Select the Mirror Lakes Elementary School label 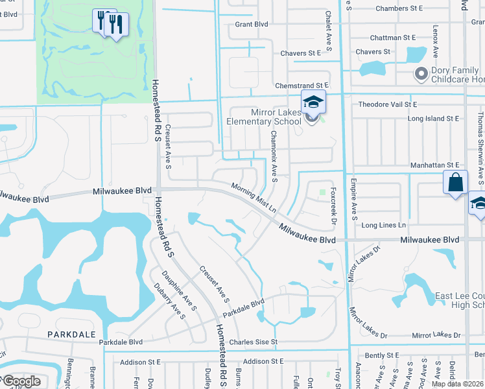point(263,116)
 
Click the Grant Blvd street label point(252,24)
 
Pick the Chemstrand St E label point(303,85)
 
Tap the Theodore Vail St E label point(388,104)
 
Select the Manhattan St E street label point(434,166)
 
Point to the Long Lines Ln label point(384,225)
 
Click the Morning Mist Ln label point(254,198)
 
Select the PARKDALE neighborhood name point(67,333)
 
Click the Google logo point(21,382)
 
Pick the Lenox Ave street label point(436,40)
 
